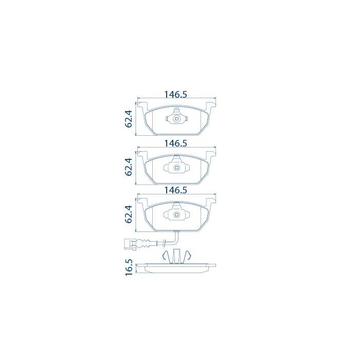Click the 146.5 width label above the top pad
pyautogui.click(x=176, y=94)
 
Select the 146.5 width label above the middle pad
pyautogui.click(x=176, y=143)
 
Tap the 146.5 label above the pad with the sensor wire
pyautogui.click(x=176, y=190)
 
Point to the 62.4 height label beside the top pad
pyautogui.click(x=129, y=119)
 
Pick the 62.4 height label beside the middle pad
pyautogui.click(x=129, y=167)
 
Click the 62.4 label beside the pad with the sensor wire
pyautogui.click(x=129, y=214)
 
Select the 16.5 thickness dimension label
pyautogui.click(x=129, y=267)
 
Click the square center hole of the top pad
pyautogui.click(x=176, y=119)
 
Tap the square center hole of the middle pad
pyautogui.click(x=176, y=167)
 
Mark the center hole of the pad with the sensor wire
pyautogui.click(x=176, y=214)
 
